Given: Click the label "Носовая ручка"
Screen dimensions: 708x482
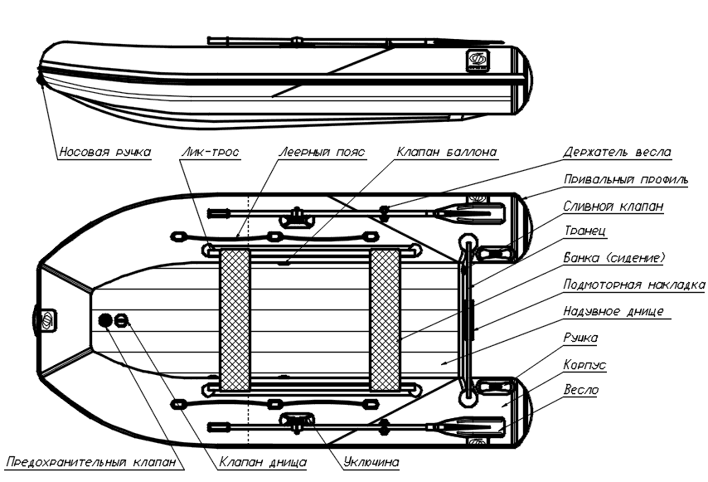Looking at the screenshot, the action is (x=105, y=153).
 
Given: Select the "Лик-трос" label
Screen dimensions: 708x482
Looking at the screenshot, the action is (x=210, y=153).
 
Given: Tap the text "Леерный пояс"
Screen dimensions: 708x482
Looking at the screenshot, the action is (x=322, y=153).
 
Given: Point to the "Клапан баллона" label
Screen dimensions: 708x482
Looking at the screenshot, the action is (x=447, y=153).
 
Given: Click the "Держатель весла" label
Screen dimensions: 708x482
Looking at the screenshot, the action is (x=617, y=153).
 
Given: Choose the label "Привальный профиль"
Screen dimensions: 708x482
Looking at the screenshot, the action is (x=626, y=180).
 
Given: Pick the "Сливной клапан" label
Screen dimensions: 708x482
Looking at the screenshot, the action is (x=613, y=207).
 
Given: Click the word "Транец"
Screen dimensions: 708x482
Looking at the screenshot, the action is (x=584, y=231).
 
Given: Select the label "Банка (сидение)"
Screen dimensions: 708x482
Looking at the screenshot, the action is (x=614, y=258).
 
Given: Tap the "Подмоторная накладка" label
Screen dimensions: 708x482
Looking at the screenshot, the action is (x=634, y=285).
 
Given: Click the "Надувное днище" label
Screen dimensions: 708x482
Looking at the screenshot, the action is (x=613, y=311).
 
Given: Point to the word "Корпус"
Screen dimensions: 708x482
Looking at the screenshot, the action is (x=584, y=365).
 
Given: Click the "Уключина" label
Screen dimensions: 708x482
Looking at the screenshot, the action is (x=371, y=463).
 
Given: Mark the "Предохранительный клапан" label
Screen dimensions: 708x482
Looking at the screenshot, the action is (x=91, y=463).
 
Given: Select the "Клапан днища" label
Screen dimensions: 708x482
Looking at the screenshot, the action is (x=263, y=463).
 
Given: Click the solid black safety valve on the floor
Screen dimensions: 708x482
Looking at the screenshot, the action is (x=104, y=320).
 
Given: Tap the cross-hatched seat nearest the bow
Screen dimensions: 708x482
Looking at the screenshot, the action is (x=235, y=320).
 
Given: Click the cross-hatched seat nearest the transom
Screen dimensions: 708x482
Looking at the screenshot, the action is (x=385, y=320).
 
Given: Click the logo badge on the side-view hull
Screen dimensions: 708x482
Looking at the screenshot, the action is (x=477, y=60).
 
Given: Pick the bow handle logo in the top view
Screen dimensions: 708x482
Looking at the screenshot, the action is (x=47, y=320).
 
